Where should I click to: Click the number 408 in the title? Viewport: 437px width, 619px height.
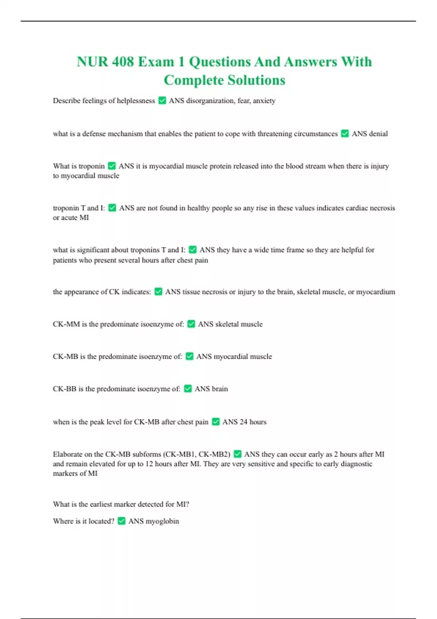[x=123, y=62]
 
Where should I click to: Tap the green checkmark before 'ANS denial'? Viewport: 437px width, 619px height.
[x=345, y=134]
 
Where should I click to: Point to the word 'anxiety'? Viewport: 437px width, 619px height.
[x=264, y=100]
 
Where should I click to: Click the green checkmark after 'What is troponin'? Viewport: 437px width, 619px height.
[x=112, y=166]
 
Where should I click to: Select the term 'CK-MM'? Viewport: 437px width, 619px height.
[x=66, y=324]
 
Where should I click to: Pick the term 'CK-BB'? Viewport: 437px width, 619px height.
[x=64, y=389]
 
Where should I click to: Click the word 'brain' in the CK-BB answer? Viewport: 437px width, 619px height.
[x=220, y=389]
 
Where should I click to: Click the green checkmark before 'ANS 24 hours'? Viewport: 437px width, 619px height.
[x=216, y=422]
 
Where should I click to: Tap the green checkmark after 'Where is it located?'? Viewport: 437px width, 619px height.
[x=122, y=521]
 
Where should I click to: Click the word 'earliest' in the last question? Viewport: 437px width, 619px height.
[x=101, y=504]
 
